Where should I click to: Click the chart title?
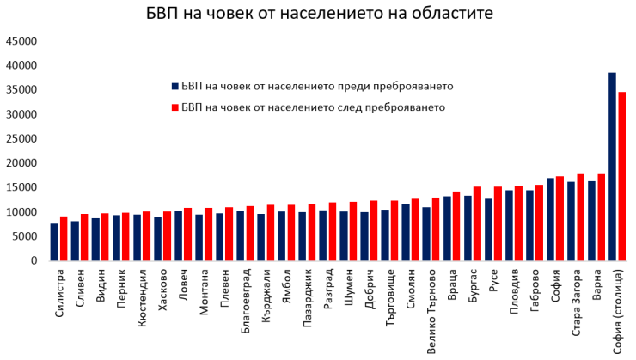[x=318, y=15]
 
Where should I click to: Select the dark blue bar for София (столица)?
[x=612, y=167]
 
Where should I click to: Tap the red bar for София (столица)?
[x=622, y=176]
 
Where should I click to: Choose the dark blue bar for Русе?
[x=488, y=229]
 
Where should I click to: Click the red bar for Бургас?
[x=477, y=223]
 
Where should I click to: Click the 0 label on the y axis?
[x=33, y=260]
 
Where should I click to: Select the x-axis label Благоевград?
[x=246, y=296]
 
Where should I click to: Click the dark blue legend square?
[x=175, y=87]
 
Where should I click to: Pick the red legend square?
[x=175, y=107]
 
